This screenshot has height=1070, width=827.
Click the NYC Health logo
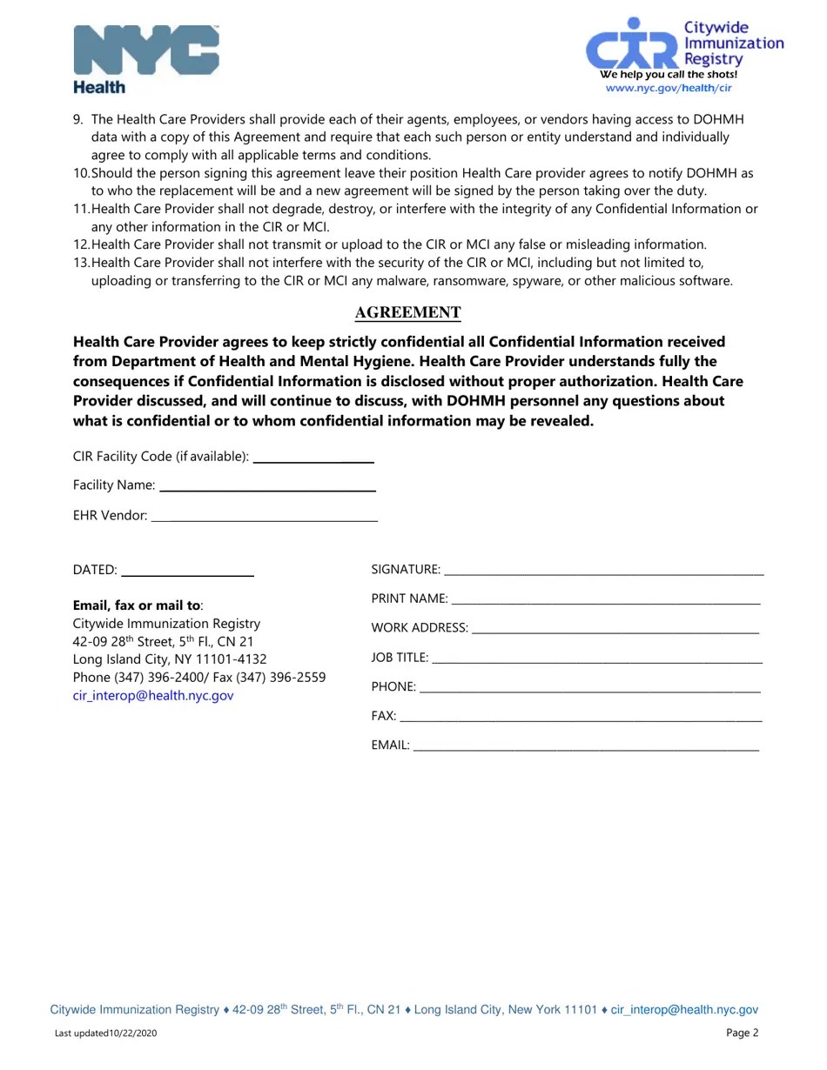pyautogui.click(x=145, y=58)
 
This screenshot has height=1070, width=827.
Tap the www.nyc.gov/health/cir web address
pyautogui.click(x=668, y=88)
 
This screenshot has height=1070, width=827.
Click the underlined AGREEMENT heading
pyautogui.click(x=407, y=313)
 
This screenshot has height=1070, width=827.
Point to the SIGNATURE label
pyautogui.click(x=405, y=570)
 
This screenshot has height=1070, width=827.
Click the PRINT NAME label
pyautogui.click(x=409, y=599)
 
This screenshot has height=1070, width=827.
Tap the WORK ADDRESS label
pyautogui.click(x=420, y=628)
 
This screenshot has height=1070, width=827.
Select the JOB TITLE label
pyautogui.click(x=400, y=658)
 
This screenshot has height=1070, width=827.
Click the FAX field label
pyautogui.click(x=383, y=716)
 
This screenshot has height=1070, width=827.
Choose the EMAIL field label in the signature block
pyautogui.click(x=390, y=746)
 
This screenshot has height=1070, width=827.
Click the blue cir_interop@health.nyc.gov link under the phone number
pyautogui.click(x=153, y=696)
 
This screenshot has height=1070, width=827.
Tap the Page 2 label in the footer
pyautogui.click(x=742, y=1033)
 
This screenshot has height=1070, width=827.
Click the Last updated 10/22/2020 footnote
pyautogui.click(x=106, y=1033)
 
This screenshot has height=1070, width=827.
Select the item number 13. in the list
pyautogui.click(x=81, y=263)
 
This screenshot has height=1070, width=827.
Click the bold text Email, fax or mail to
pyautogui.click(x=137, y=605)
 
